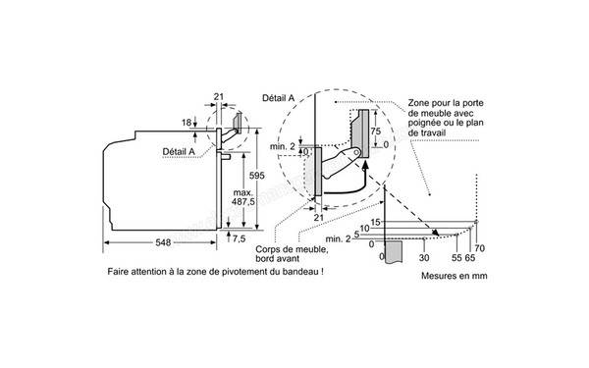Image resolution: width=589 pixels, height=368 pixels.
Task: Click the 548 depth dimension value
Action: [x=164, y=242]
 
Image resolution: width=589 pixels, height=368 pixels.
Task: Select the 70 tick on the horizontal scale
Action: [x=480, y=249]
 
